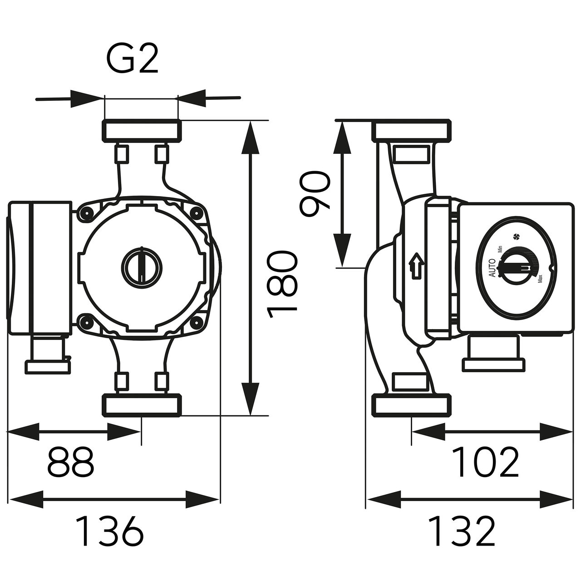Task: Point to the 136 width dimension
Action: [x=109, y=531]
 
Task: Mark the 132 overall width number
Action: [x=462, y=531]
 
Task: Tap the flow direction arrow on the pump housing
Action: [x=415, y=267]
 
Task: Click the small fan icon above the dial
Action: [x=515, y=236]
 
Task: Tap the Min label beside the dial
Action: [x=500, y=249]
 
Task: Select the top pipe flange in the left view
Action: [x=141, y=130]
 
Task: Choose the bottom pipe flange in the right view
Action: [x=412, y=405]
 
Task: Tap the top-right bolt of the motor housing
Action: [x=196, y=212]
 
